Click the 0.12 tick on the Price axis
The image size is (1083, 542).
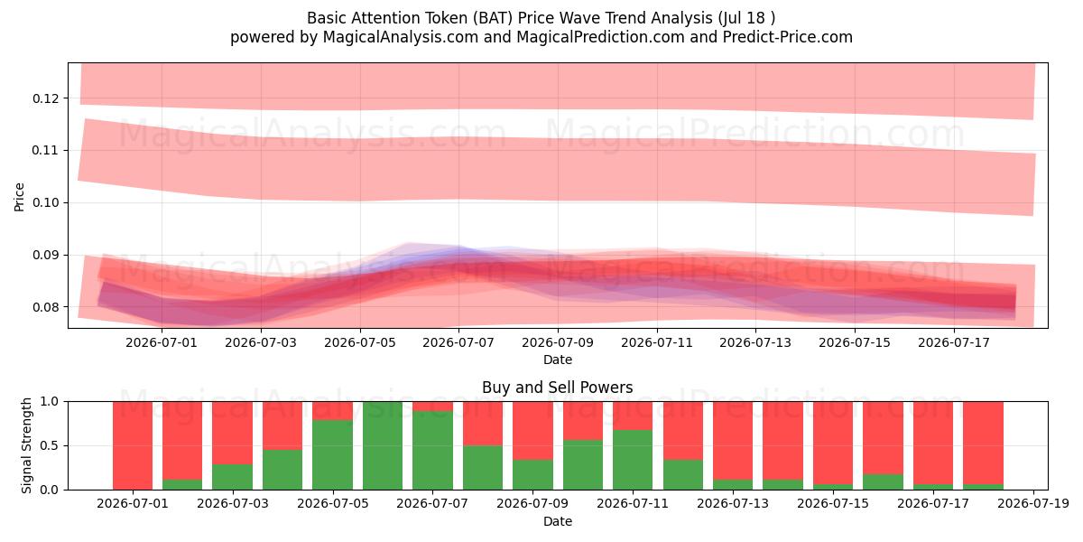pos(45,98)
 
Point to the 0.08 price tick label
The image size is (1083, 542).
pos(45,307)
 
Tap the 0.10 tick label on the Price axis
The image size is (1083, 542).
pos(45,202)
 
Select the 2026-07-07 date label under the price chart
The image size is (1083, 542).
pos(458,342)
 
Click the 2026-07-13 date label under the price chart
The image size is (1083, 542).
pos(755,342)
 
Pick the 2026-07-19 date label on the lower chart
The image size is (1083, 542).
pos(1033,503)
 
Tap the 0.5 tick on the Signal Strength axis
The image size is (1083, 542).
pos(49,445)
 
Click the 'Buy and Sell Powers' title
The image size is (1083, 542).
pos(558,388)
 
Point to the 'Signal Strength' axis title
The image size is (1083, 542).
pos(26,445)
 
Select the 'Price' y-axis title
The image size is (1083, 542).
pos(19,197)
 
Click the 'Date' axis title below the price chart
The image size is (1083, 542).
pos(558,360)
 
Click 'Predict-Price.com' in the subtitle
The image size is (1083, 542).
pos(788,37)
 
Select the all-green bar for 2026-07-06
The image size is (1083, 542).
pos(383,445)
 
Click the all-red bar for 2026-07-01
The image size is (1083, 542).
pos(133,445)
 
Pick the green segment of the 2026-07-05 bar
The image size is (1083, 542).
pos(333,455)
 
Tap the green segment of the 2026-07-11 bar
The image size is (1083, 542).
pos(633,460)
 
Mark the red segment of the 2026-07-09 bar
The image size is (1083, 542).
pos(532,431)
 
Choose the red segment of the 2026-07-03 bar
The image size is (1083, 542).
pos(233,433)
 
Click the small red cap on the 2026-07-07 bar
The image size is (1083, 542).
pos(432,406)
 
